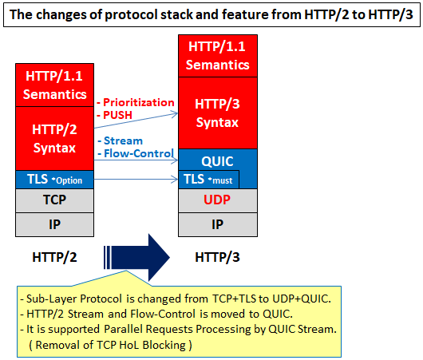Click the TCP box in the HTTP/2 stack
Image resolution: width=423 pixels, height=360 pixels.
[54, 200]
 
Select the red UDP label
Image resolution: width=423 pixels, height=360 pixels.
[217, 200]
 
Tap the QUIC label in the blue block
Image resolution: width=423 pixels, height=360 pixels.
[217, 161]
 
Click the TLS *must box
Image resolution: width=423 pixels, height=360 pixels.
[208, 179]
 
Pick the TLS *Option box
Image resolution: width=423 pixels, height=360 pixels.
[54, 180]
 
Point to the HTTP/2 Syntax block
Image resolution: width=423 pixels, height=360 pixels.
[54, 139]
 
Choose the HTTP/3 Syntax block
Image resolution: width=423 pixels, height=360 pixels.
[218, 113]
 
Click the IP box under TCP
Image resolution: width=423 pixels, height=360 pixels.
[54, 224]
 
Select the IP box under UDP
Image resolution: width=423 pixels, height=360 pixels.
[218, 224]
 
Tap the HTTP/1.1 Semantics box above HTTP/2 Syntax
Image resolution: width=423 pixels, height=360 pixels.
[54, 85]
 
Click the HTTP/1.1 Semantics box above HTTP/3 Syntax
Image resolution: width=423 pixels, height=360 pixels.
[218, 56]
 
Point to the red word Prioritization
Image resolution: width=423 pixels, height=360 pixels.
[139, 102]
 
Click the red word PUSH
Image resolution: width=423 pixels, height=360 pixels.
[117, 115]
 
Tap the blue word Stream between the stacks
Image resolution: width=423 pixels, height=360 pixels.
[123, 140]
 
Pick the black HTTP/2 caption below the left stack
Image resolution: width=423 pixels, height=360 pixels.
[54, 257]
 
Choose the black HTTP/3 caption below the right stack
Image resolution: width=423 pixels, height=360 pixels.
[217, 257]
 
